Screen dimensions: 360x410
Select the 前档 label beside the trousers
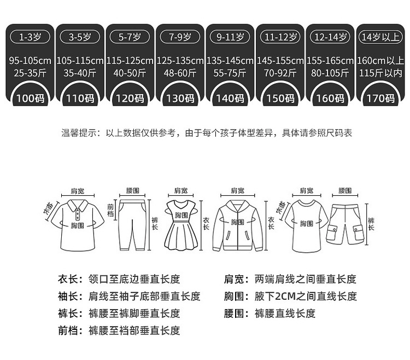click(x=111, y=211)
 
